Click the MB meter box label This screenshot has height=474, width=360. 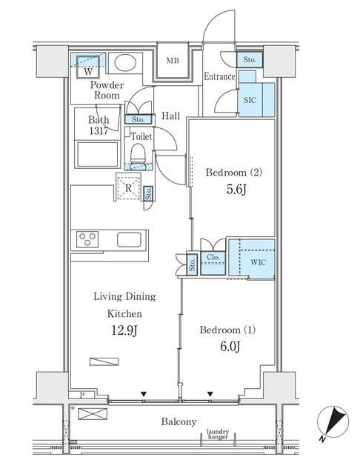click(x=173, y=61)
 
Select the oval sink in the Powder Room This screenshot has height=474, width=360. click(x=125, y=63)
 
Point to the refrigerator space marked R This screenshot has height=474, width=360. click(x=128, y=187)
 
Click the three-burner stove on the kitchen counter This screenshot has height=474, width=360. click(x=87, y=239)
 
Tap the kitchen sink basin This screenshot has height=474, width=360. click(x=129, y=239)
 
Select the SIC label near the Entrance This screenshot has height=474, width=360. click(x=250, y=100)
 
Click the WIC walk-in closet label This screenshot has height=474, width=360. click(x=259, y=262)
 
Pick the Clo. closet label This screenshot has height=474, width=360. click(x=213, y=257)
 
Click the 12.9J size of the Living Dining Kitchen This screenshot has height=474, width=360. click(x=124, y=331)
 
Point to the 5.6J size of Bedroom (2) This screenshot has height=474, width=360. click(x=236, y=190)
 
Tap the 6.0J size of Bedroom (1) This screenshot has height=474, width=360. click(x=230, y=347)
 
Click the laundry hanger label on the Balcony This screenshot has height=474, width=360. click(x=218, y=434)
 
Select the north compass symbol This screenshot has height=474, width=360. click(x=333, y=422)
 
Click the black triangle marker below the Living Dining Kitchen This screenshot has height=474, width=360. click(x=144, y=394)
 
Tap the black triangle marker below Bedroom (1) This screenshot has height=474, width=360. click(x=210, y=394)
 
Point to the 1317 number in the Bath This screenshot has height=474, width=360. click(x=99, y=131)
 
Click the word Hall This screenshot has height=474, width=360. click(x=171, y=116)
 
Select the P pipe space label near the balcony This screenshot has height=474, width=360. click(x=81, y=395)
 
